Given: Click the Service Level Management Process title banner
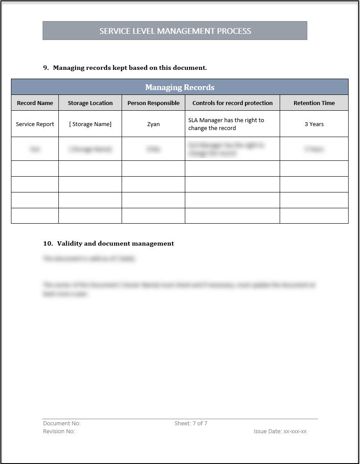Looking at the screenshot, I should (175, 31).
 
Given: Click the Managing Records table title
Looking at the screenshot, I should (180, 87).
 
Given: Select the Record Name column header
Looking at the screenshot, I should (35, 103).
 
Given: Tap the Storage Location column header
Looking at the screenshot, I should (90, 103).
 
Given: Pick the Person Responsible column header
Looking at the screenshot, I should (153, 103).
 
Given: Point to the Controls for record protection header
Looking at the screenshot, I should (232, 103).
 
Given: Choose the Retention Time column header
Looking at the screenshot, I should (314, 103).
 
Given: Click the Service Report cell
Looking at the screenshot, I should (35, 124).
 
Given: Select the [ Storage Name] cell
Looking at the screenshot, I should (90, 124).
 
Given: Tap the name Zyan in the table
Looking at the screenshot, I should (153, 124).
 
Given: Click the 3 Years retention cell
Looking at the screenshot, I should (314, 124).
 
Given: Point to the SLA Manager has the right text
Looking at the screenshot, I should (226, 120).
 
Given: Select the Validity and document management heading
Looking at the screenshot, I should (115, 243).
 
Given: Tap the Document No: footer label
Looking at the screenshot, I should (61, 423).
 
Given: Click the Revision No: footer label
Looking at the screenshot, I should (59, 431).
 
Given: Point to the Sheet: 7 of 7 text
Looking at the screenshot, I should (191, 423).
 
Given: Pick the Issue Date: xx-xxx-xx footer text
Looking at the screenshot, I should (280, 431).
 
